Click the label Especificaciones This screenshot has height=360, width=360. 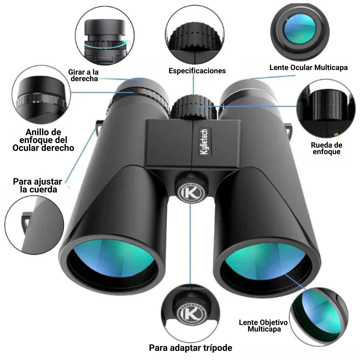click(x=197, y=71)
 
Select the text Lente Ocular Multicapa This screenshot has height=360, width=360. click(x=309, y=67)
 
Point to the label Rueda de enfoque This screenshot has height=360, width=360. click(x=327, y=148)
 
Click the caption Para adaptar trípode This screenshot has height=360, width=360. click(x=190, y=348)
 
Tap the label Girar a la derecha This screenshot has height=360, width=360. click(x=83, y=75)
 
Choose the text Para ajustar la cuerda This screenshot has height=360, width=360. click(x=38, y=186)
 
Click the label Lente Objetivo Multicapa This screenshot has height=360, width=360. click(x=263, y=326)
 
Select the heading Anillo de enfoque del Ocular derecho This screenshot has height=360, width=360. click(x=43, y=140)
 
